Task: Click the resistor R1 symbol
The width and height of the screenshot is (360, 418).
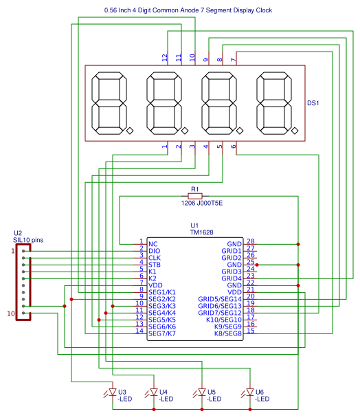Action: point(195,196)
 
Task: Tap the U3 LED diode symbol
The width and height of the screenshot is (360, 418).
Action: point(113,392)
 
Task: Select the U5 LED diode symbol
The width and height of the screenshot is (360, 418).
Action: point(202,392)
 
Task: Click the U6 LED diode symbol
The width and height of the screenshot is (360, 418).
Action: point(249,392)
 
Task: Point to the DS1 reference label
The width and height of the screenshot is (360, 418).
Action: point(313,103)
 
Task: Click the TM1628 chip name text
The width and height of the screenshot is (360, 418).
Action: point(201,232)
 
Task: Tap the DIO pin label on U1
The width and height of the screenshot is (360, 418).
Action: point(154,251)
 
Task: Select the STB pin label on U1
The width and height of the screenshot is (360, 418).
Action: point(155,265)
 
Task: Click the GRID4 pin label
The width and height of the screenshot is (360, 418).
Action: point(232,278)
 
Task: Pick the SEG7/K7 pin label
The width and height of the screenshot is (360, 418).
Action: point(162,333)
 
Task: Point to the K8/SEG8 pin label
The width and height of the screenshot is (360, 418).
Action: point(228,333)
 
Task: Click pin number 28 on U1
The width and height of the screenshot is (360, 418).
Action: point(251,241)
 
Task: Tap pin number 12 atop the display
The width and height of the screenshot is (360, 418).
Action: point(164,57)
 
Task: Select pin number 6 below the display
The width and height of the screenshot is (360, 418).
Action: point(233,146)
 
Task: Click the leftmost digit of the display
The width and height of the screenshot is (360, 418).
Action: point(109,103)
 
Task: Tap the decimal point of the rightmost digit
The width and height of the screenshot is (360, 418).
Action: point(295,131)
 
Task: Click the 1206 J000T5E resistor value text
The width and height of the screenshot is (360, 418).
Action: point(202,203)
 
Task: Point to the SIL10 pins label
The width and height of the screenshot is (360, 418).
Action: point(28,240)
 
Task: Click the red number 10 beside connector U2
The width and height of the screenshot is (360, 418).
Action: point(11,313)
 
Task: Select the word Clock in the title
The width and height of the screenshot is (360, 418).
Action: point(264,10)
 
